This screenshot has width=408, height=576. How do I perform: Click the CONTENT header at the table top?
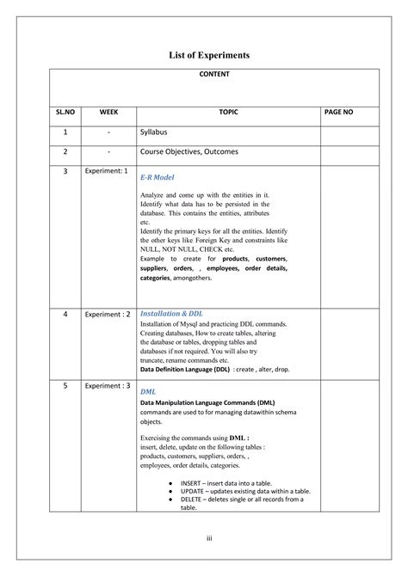213,75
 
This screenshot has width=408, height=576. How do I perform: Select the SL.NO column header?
65,112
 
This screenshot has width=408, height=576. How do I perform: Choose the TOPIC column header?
228,112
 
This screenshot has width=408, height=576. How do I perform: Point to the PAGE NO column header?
338,112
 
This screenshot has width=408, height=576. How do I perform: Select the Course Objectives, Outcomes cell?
189,151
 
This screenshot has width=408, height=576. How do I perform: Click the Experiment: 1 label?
107,171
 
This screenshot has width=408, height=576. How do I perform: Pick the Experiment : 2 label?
108,314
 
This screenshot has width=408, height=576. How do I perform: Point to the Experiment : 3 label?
108,386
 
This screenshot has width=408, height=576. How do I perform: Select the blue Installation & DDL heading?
171,314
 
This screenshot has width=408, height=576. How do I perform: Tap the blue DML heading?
148,391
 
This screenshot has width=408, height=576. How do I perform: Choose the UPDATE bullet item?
244,491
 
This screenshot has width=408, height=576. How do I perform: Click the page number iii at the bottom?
207,538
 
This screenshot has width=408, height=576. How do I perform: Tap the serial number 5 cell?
65,387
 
